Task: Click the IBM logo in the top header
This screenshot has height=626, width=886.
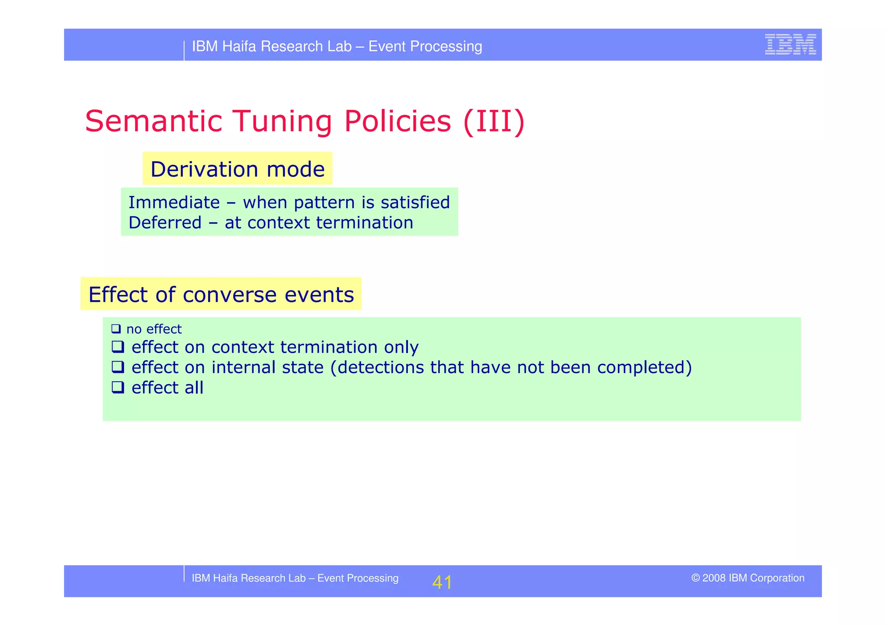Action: point(790,45)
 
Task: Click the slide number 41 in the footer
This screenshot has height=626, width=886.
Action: point(442,582)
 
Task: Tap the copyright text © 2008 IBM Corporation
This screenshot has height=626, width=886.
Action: point(748,578)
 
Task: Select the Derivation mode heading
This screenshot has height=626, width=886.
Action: point(238,169)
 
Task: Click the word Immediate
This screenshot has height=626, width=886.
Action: point(174,202)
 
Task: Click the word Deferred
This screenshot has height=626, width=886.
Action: point(165,223)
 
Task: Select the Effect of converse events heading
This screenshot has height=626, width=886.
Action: point(221,294)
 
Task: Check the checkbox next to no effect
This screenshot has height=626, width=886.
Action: point(116,329)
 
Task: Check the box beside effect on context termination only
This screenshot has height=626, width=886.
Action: point(118,347)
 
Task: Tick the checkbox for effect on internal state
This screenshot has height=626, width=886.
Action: point(118,367)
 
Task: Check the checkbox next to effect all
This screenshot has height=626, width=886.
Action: point(118,387)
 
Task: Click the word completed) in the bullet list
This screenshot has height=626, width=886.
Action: point(644,367)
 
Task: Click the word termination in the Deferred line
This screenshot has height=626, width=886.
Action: point(364,223)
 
